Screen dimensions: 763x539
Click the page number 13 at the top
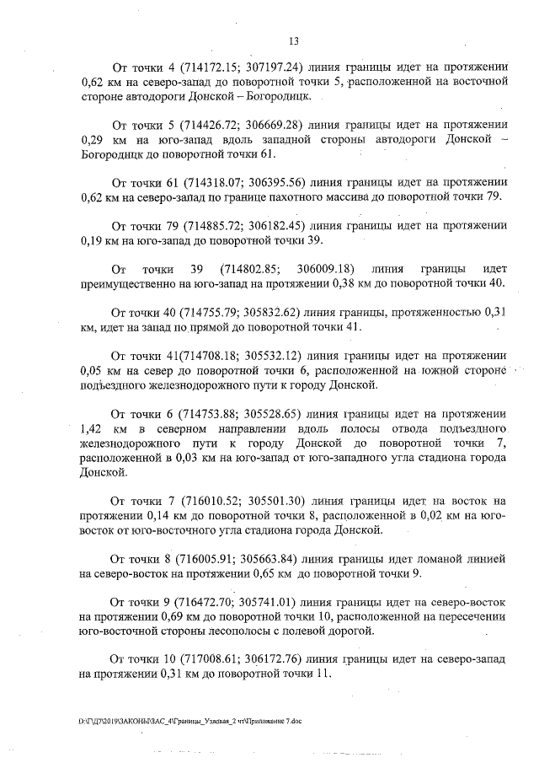tap(294, 40)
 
